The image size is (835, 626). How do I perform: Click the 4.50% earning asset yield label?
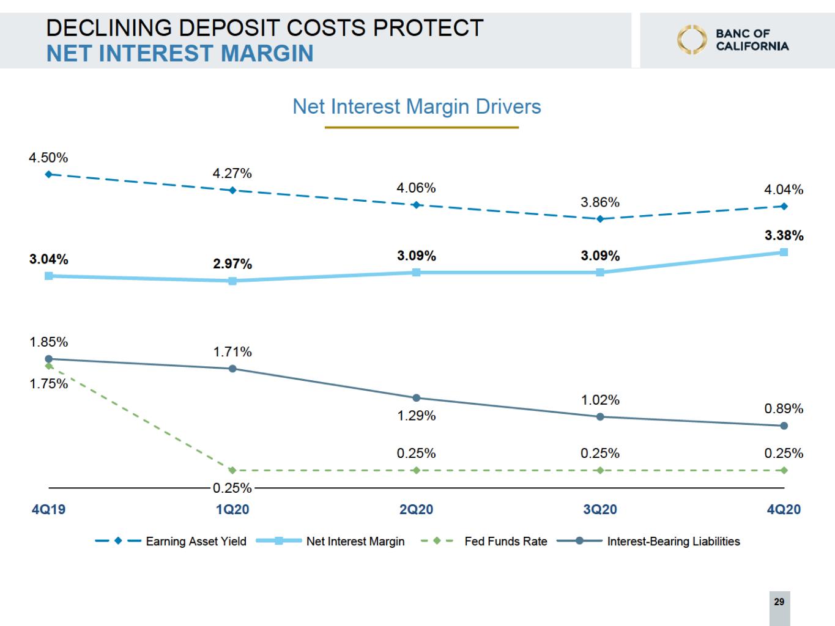coord(48,157)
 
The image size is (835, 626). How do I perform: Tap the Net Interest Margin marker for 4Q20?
coord(784,252)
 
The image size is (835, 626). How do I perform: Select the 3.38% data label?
coord(784,235)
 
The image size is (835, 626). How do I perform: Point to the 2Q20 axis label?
coord(416,509)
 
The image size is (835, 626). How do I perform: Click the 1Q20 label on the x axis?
coord(232,509)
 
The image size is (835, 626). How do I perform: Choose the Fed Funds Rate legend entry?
coord(484,541)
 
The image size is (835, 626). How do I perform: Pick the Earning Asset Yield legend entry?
coord(171,541)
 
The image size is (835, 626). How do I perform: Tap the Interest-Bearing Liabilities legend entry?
coord(648,541)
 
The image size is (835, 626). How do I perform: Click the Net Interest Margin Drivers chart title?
coord(417,106)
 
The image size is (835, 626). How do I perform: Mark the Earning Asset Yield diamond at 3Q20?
coord(600,219)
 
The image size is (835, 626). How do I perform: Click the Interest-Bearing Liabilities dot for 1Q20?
coord(232,369)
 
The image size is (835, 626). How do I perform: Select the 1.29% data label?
coord(416,416)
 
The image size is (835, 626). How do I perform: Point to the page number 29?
coord(779,602)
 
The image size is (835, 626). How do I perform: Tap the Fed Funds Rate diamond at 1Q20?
coord(232,471)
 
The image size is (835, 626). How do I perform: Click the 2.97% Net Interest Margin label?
coord(232,263)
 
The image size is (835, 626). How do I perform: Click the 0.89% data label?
coord(784,408)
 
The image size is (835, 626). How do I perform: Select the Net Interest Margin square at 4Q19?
coord(49,276)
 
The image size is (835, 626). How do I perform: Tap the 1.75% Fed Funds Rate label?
coord(49,383)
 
